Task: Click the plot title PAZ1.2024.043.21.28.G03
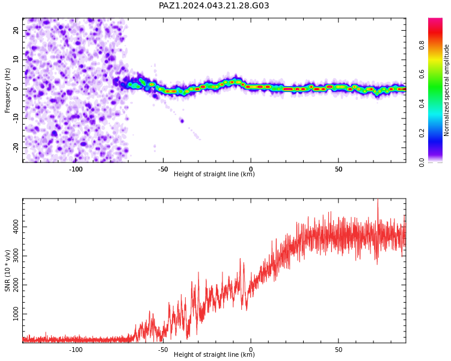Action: tap(213, 5)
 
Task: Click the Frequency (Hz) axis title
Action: tap(7, 90)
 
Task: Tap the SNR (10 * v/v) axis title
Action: tap(7, 271)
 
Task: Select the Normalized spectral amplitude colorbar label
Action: tap(446, 90)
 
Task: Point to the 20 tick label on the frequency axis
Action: tap(16, 30)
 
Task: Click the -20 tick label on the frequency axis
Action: tap(16, 148)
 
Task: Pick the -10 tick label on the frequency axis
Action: tap(16, 119)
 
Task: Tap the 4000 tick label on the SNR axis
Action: tap(16, 227)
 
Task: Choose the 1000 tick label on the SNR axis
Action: tap(16, 314)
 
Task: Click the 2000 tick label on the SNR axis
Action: tap(16, 285)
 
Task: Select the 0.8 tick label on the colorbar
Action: tap(422, 45)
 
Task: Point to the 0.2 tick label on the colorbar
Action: tap(422, 133)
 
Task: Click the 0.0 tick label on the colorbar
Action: tap(422, 162)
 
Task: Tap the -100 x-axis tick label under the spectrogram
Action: tap(76, 169)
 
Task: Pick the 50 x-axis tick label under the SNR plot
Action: tap(339, 350)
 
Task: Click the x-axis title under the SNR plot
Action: tap(214, 354)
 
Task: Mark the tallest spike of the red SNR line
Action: tap(378, 199)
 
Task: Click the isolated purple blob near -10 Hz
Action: tap(182, 120)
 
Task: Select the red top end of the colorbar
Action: tap(435, 20)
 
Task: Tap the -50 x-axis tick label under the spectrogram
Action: tap(163, 169)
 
